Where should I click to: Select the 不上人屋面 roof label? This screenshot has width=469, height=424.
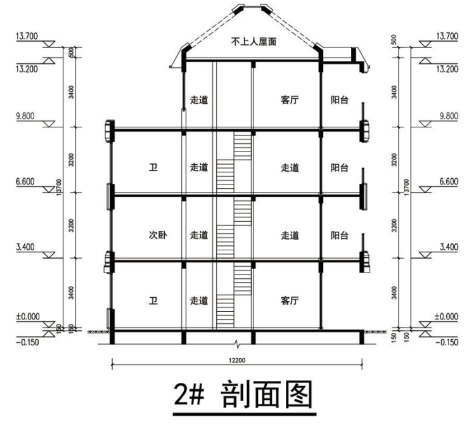click(253, 42)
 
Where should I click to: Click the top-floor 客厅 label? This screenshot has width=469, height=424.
click(290, 100)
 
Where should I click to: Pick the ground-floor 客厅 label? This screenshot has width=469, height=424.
click(290, 300)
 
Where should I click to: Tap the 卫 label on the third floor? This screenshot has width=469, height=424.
click(153, 168)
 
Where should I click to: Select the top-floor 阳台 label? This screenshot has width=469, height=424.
click(340, 100)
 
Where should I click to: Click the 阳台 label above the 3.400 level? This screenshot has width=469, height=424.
click(340, 235)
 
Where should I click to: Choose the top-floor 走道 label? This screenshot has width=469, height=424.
click(199, 100)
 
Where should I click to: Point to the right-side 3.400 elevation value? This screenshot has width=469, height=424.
click(447, 248)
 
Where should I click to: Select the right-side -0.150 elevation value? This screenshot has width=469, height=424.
click(446, 342)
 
